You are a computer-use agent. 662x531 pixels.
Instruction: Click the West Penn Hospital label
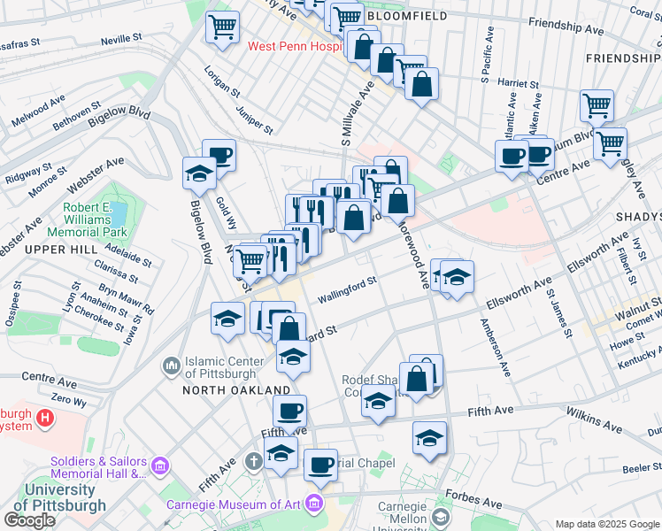click(293, 46)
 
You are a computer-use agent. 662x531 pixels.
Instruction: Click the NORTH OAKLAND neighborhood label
click(236, 389)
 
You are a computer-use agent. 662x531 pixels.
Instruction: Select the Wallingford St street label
click(347, 290)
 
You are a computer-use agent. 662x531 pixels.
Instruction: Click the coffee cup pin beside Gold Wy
click(219, 158)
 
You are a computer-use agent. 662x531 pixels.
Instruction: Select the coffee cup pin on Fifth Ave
click(289, 411)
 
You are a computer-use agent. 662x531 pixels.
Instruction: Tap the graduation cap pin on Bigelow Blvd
click(200, 173)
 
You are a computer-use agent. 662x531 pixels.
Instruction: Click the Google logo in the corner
click(29, 520)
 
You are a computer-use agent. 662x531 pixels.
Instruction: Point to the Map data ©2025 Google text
click(606, 524)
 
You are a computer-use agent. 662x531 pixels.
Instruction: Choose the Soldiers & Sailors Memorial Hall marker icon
click(158, 466)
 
